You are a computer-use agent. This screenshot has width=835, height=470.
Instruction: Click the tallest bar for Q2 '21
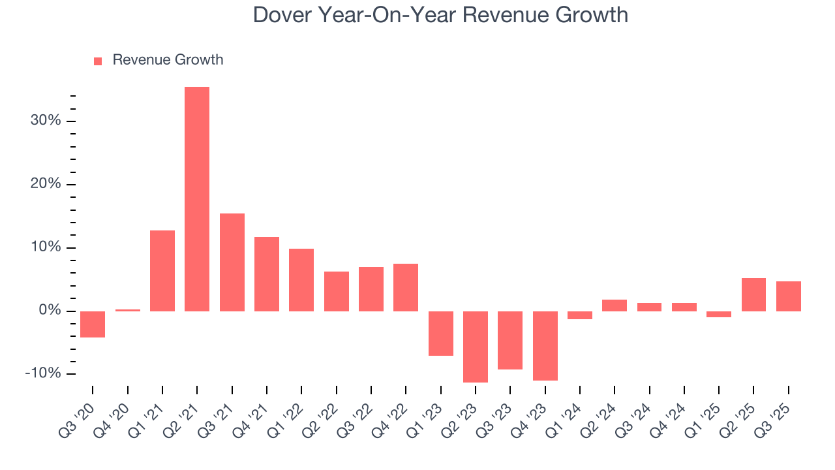click(x=197, y=198)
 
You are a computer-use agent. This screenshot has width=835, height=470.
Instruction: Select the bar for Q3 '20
click(x=93, y=324)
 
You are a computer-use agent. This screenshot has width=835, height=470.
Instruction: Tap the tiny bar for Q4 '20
click(x=128, y=310)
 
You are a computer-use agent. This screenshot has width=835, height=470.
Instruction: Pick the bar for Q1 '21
click(x=162, y=270)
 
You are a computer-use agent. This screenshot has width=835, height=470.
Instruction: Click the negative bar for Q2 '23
click(x=476, y=347)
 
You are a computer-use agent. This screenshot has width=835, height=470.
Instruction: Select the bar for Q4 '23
click(x=545, y=345)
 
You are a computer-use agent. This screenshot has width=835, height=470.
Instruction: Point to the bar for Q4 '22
click(x=406, y=287)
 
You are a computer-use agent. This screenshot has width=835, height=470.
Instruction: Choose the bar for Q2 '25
click(x=753, y=294)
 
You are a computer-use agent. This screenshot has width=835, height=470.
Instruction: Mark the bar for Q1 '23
click(x=441, y=333)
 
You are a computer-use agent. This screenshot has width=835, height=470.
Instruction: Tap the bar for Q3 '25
click(x=788, y=296)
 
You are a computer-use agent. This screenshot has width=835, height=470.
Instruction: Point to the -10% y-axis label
click(x=43, y=373)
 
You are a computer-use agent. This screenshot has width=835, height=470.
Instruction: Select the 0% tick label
click(x=50, y=311)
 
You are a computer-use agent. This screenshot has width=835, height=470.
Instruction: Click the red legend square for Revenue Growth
click(x=98, y=61)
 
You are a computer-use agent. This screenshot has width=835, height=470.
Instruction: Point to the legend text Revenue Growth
click(x=168, y=60)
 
